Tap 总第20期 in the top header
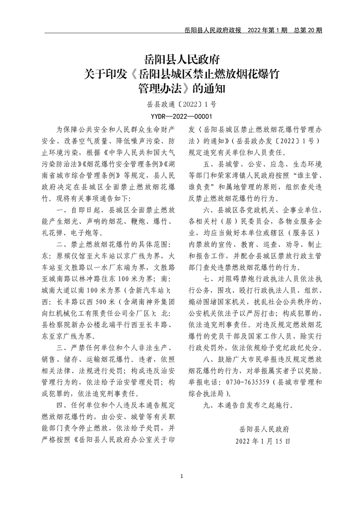[308, 30]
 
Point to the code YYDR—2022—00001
[180, 116]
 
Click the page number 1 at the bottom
[181, 476]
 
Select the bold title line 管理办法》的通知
[180, 87]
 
